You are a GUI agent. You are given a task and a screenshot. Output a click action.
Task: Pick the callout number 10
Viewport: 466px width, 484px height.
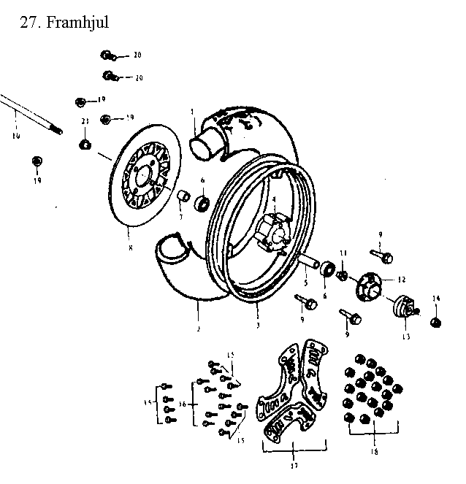pyautogui.click(x=16, y=136)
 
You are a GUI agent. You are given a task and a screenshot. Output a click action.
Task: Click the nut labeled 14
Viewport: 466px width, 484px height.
pyautogui.click(x=436, y=321)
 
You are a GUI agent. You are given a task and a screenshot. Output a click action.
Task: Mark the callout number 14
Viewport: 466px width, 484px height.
pyautogui.click(x=436, y=299)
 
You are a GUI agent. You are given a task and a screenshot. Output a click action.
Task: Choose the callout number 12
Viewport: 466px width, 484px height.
pyautogui.click(x=402, y=280)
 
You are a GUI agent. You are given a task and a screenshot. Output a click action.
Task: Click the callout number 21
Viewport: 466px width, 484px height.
pyautogui.click(x=85, y=121)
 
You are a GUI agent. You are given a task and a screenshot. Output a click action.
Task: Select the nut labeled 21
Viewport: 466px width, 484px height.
pyautogui.click(x=85, y=143)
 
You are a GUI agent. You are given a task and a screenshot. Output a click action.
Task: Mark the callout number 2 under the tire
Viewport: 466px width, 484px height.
pyautogui.click(x=198, y=329)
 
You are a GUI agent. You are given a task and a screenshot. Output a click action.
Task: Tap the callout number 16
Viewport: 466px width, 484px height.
pyautogui.click(x=183, y=404)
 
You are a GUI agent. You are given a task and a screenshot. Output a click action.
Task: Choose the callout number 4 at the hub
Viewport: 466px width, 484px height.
pyautogui.click(x=274, y=199)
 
